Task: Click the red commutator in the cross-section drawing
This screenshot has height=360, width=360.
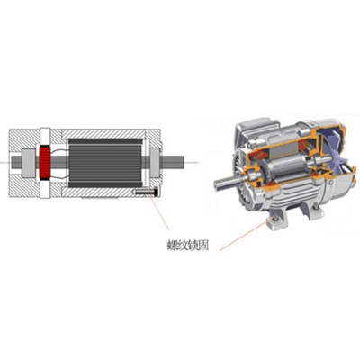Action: [x=45, y=163]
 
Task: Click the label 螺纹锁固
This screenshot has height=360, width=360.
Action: [x=187, y=245]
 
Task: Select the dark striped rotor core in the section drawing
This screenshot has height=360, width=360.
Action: [x=105, y=163]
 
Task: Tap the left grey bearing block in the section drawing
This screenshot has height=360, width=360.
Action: [x=29, y=163]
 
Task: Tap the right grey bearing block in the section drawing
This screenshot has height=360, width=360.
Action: [x=155, y=163]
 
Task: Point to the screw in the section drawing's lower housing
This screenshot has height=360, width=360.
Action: [x=146, y=192]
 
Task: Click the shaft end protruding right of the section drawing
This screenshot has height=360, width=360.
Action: [x=172, y=162]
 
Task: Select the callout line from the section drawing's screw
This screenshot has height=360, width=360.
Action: [x=160, y=212]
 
